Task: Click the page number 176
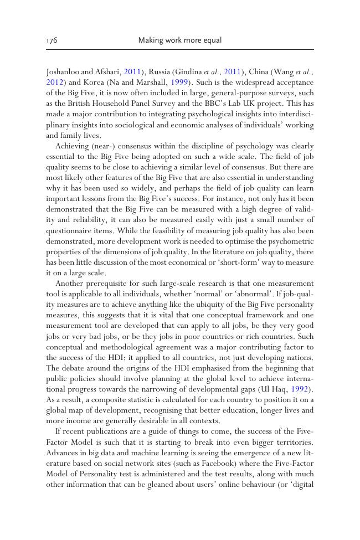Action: coord(52,40)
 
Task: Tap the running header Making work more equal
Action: coord(179,40)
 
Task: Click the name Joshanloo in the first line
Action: coord(63,71)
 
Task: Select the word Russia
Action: coord(162,71)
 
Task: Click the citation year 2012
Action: coord(54,81)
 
